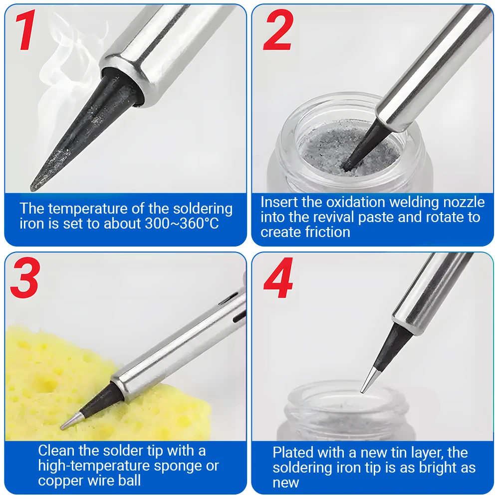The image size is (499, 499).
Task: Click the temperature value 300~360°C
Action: pyautogui.click(x=182, y=224)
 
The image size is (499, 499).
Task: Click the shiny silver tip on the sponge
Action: pyautogui.click(x=71, y=421)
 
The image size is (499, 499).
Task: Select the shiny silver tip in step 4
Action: pyautogui.click(x=369, y=380)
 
